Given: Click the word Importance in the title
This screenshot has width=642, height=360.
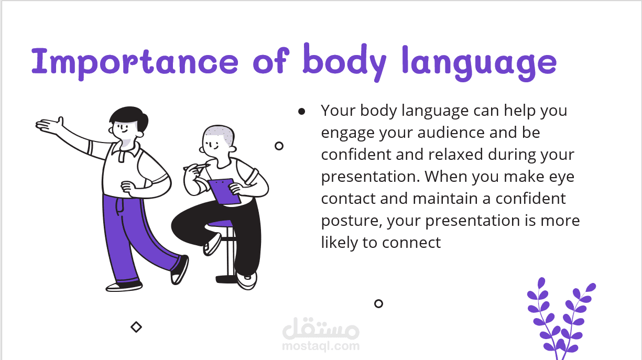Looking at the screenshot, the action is coord(135,62).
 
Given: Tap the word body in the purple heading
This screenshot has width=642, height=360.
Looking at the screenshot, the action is coord(344,62).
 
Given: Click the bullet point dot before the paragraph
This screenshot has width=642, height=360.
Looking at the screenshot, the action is coord(301,111).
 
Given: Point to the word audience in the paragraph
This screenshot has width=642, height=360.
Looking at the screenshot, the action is coord(451,133).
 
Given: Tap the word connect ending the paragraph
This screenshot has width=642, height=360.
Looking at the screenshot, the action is coord(411,243).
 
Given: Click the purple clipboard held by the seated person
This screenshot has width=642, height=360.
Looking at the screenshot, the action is coord(224,191).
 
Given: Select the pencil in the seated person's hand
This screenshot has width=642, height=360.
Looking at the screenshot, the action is coord(197,167).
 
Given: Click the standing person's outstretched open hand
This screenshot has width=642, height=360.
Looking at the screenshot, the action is coord(50,126).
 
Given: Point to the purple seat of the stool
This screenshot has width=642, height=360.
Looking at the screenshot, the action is coord(221,224).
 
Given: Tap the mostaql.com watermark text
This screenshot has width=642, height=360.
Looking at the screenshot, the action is coord(321,346).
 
